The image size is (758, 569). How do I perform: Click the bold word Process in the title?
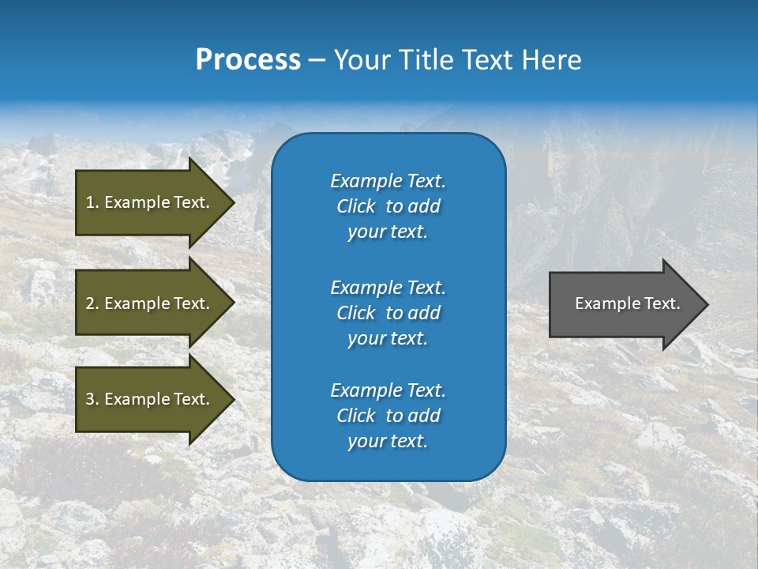[x=248, y=60]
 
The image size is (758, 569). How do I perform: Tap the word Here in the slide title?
[x=551, y=60]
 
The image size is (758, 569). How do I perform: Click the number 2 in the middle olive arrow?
[x=90, y=303]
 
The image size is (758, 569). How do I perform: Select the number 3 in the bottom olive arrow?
[x=90, y=399]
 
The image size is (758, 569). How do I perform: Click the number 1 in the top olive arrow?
[x=90, y=202]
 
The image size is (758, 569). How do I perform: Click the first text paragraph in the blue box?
[x=388, y=206]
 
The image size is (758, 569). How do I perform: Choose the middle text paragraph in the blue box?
[x=388, y=313]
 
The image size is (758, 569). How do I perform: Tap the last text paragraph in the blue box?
[x=388, y=416]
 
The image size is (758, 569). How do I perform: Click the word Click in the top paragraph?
[x=356, y=206]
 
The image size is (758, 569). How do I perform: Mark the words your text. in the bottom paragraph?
[x=388, y=441]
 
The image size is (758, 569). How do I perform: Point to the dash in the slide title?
[x=317, y=61]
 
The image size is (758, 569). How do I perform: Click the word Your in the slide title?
[x=362, y=60]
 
